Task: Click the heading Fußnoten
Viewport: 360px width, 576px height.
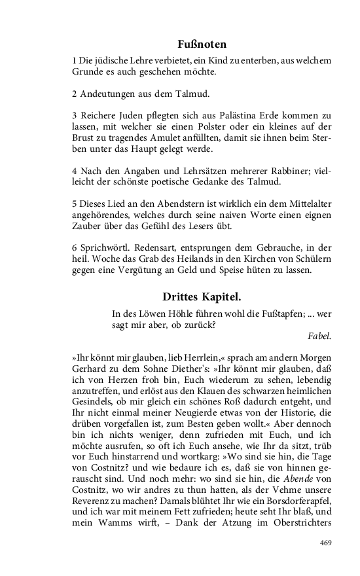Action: pyautogui.click(x=202, y=45)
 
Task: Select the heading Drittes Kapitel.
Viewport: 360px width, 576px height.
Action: pyautogui.click(x=202, y=297)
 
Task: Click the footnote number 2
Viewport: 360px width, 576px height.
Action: pyautogui.click(x=75, y=92)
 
